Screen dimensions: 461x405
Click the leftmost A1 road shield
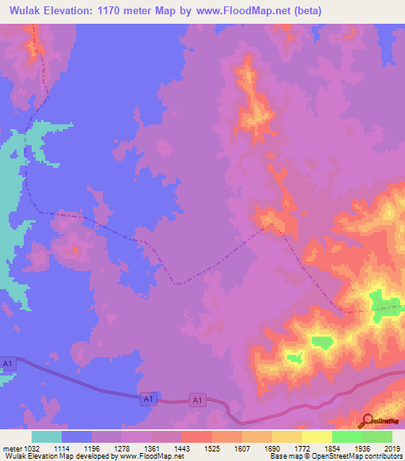pos(8,364)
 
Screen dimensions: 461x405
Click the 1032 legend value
pos(31,448)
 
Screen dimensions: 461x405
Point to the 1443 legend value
pos(181,448)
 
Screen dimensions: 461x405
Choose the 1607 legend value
pos(241,448)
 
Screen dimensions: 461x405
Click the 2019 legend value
pos(392,448)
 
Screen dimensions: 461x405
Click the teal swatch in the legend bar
pos(46,436)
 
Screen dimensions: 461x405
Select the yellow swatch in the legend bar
pos(316,436)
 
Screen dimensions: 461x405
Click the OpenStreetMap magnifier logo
pos(368,420)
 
